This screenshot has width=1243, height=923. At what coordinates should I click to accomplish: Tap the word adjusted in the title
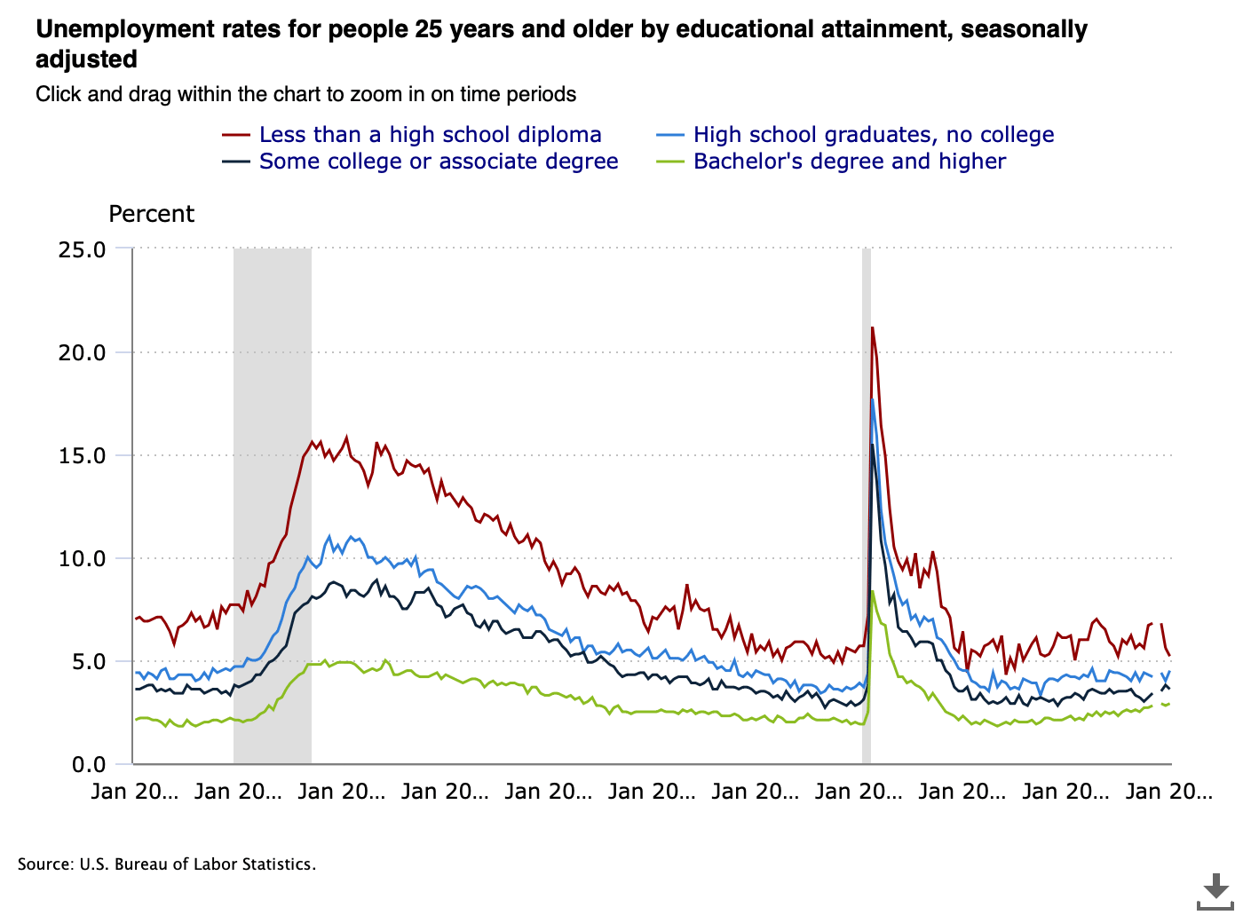click(86, 59)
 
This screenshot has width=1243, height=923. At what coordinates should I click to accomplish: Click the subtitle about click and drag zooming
click(305, 94)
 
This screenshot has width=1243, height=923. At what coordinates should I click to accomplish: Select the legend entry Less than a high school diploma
click(430, 135)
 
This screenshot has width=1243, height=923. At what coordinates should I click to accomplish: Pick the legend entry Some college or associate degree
click(439, 162)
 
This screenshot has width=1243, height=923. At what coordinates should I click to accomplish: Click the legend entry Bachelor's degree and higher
click(849, 162)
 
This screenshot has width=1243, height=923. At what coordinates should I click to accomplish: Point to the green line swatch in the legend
click(670, 162)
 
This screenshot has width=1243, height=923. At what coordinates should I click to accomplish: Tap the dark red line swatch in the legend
click(236, 135)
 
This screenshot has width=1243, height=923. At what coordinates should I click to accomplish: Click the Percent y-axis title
click(151, 214)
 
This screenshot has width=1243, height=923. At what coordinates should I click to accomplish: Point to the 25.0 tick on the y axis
click(82, 249)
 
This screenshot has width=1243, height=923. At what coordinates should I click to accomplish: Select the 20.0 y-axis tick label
click(82, 352)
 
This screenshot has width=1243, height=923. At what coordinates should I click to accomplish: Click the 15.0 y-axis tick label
click(82, 455)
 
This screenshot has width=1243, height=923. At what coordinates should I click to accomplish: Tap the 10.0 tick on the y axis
click(82, 558)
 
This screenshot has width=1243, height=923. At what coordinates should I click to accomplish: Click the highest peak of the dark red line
click(872, 328)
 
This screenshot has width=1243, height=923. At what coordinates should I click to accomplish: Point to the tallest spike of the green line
click(873, 591)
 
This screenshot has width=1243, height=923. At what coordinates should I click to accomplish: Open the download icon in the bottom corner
click(1215, 891)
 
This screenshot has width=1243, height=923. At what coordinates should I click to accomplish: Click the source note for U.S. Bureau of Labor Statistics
click(167, 864)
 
